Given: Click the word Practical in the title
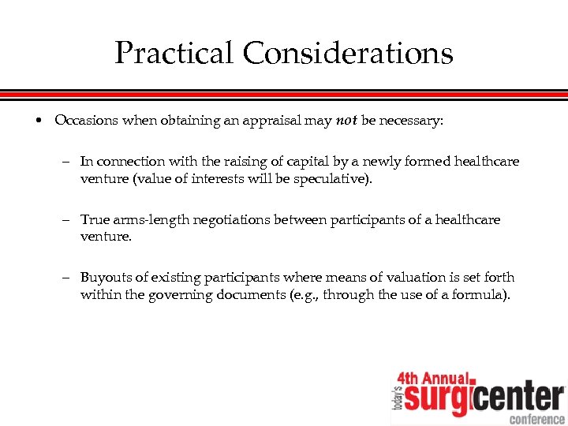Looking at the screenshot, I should pos(174,54).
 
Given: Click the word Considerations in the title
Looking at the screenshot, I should pos(348,54).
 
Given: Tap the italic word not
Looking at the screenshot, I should pos(346,121).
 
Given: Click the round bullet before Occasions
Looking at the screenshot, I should pos(38,121).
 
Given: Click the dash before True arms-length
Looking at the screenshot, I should pos(67,220).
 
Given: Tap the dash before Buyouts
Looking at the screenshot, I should pos(67,278).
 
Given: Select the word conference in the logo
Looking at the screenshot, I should pos(536,419).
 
